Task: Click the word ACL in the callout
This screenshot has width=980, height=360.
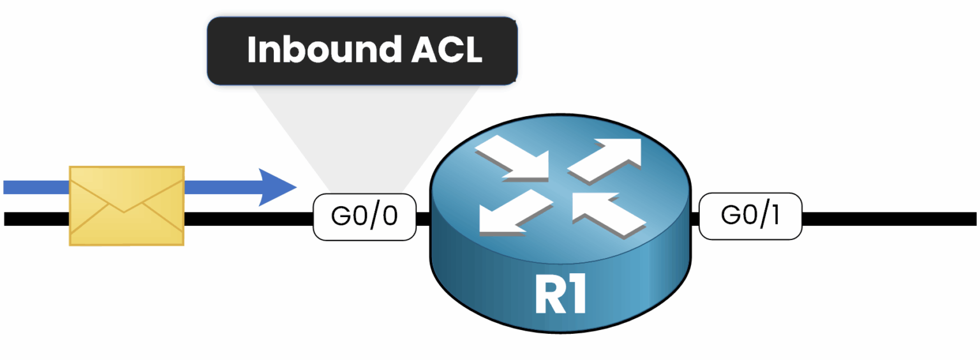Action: tap(446, 50)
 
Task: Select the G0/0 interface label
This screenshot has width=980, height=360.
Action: tap(364, 217)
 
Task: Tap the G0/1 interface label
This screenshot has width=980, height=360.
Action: tap(750, 216)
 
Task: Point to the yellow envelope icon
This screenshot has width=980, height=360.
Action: tap(126, 205)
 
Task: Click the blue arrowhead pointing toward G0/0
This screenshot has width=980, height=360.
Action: tap(278, 187)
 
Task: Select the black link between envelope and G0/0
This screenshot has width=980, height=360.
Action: tap(249, 219)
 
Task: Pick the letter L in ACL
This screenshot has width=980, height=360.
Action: tap(472, 50)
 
